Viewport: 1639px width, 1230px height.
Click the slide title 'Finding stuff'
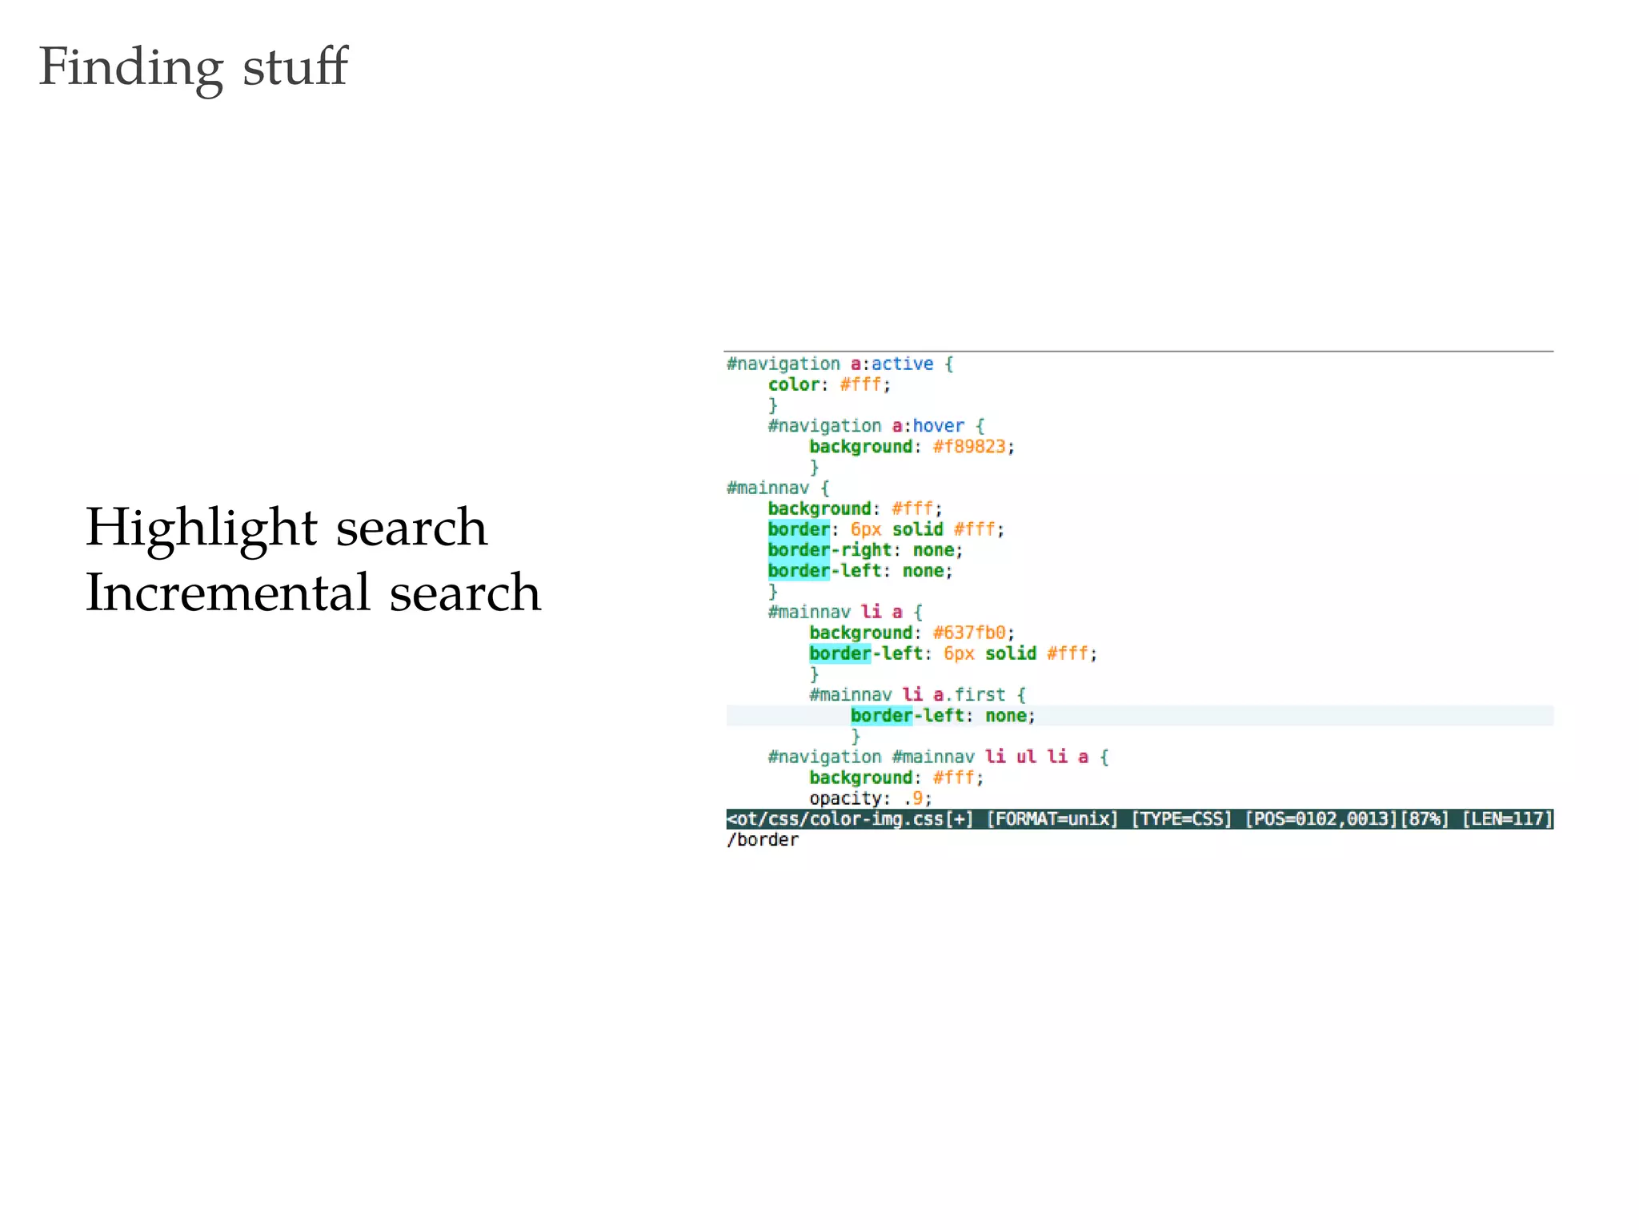click(193, 66)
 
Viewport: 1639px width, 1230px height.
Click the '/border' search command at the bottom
click(763, 840)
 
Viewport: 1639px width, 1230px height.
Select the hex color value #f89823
click(968, 447)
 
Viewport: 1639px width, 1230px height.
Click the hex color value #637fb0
click(968, 633)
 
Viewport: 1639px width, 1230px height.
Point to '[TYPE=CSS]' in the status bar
click(1181, 819)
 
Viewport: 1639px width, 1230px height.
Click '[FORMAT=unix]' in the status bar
click(1052, 819)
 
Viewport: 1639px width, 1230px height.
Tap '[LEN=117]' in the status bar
click(1507, 819)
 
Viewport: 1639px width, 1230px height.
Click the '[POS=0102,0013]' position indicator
click(1320, 819)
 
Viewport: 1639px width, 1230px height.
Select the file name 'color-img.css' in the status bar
click(876, 819)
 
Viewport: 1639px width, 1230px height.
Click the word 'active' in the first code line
click(902, 364)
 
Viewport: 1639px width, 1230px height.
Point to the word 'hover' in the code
click(938, 426)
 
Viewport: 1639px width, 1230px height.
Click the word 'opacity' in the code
click(845, 798)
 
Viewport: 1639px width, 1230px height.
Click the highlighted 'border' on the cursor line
click(881, 716)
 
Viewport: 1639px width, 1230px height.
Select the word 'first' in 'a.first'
click(980, 695)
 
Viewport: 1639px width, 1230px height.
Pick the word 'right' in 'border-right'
click(866, 550)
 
